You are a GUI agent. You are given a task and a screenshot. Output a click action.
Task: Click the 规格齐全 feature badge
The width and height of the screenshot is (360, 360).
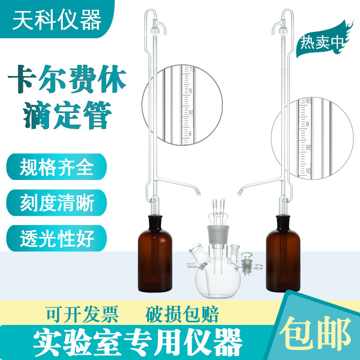click(57, 167)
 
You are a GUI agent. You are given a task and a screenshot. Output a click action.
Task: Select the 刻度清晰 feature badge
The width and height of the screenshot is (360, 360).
click(57, 203)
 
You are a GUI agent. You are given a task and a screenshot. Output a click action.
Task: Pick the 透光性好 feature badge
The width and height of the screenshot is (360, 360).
click(57, 238)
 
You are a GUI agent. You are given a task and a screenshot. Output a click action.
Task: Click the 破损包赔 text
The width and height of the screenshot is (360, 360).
click(182, 315)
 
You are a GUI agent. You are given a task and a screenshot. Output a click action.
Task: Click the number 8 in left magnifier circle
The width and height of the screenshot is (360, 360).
click(191, 91)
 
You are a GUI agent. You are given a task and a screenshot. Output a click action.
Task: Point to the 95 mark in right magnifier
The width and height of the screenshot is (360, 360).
click(309, 147)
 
